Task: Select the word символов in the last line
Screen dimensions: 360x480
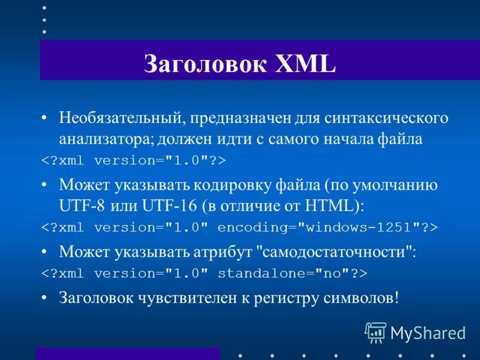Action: point(359,297)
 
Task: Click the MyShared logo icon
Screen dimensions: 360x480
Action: point(376,332)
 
